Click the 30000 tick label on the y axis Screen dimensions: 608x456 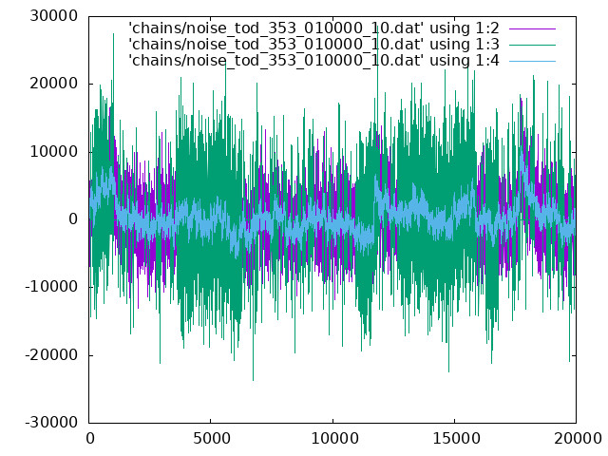[x=54, y=16]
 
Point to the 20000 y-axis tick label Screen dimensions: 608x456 [x=54, y=84]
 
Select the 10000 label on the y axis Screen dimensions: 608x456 [x=54, y=152]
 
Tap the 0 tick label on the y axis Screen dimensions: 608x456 [x=73, y=219]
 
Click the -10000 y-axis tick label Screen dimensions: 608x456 [x=51, y=287]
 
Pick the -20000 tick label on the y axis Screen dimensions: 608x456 [x=51, y=355]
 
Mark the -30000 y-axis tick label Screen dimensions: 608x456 [x=51, y=423]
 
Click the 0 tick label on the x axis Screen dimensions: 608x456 [x=90, y=439]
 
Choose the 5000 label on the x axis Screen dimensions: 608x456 [x=211, y=439]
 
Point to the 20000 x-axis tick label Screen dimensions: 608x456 [x=578, y=439]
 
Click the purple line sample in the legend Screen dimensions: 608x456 [x=532, y=28]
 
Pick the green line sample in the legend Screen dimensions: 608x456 [x=532, y=45]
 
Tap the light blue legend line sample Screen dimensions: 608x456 [x=532, y=61]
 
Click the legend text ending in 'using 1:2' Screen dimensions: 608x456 [x=313, y=28]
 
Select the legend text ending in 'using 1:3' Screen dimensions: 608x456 [x=313, y=45]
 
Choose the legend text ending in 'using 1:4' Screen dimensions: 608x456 [x=313, y=61]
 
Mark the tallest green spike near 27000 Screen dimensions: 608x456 [x=113, y=34]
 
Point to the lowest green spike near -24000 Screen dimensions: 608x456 [x=254, y=380]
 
